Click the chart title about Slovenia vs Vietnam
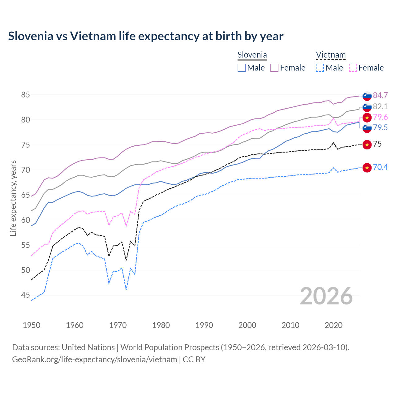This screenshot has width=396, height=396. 146,36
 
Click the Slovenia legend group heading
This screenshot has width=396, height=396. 252,55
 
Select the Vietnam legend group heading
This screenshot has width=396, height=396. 331,55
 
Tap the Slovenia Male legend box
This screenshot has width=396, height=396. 242,68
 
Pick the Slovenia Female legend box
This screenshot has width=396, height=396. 274,68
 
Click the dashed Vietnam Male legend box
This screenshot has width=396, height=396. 320,68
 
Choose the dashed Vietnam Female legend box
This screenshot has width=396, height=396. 353,68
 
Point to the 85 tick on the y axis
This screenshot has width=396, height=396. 25,95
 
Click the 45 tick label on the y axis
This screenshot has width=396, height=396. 25,295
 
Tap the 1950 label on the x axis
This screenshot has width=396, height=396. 32,325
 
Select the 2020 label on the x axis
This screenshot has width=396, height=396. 334,325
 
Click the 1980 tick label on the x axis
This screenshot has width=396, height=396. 161,325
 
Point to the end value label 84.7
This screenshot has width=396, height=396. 380,95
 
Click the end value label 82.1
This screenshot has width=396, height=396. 380,106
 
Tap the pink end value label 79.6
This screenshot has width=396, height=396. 380,117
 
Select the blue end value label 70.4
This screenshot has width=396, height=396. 380,167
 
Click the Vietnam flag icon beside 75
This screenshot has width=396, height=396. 367,144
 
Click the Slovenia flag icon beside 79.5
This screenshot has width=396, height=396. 367,128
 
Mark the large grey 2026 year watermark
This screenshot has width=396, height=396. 326,296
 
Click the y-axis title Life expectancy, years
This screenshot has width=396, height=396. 13,198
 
